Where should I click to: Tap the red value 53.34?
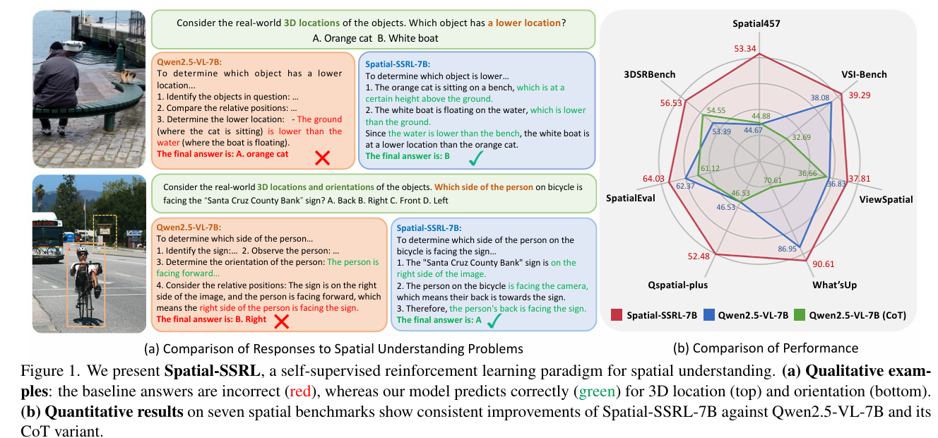click(x=760, y=49)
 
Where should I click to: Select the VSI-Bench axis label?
click(x=865, y=74)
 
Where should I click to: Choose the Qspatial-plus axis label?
click(x=677, y=285)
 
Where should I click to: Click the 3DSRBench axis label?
click(x=649, y=74)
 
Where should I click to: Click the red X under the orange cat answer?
click(x=322, y=158)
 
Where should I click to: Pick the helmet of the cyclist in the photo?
click(x=83, y=251)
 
